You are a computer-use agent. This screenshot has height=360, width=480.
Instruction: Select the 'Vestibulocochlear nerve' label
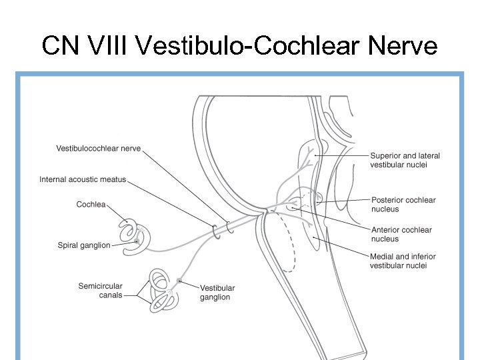[x=98, y=149]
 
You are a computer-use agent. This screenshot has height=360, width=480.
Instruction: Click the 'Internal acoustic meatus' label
[x=83, y=179]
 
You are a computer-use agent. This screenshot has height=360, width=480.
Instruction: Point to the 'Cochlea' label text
[x=91, y=205]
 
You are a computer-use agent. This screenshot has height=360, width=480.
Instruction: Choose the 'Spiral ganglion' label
[x=84, y=245]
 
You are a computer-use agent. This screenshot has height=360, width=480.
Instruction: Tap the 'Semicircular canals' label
[x=100, y=290]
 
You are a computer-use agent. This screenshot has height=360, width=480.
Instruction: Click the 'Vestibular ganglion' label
[x=217, y=293]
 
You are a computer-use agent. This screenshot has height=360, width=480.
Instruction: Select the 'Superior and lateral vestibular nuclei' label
[x=405, y=160]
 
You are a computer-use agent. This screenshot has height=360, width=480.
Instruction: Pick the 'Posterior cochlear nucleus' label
[x=403, y=204]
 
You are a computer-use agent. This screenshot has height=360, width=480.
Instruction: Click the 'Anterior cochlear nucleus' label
[x=401, y=234]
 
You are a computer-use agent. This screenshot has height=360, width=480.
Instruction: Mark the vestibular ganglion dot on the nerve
[x=179, y=281]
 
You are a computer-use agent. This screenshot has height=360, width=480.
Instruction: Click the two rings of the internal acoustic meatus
[x=223, y=229]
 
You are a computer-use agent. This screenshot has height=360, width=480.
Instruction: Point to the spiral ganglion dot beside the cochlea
[x=138, y=239]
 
